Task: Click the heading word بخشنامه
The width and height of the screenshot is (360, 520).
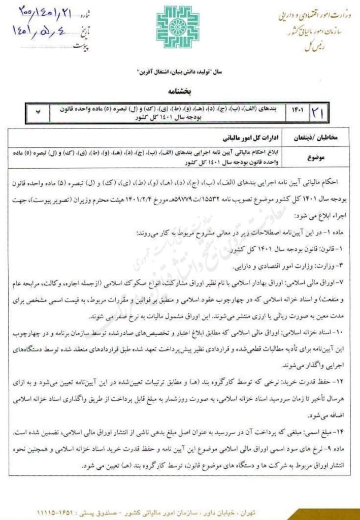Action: tap(180, 92)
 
